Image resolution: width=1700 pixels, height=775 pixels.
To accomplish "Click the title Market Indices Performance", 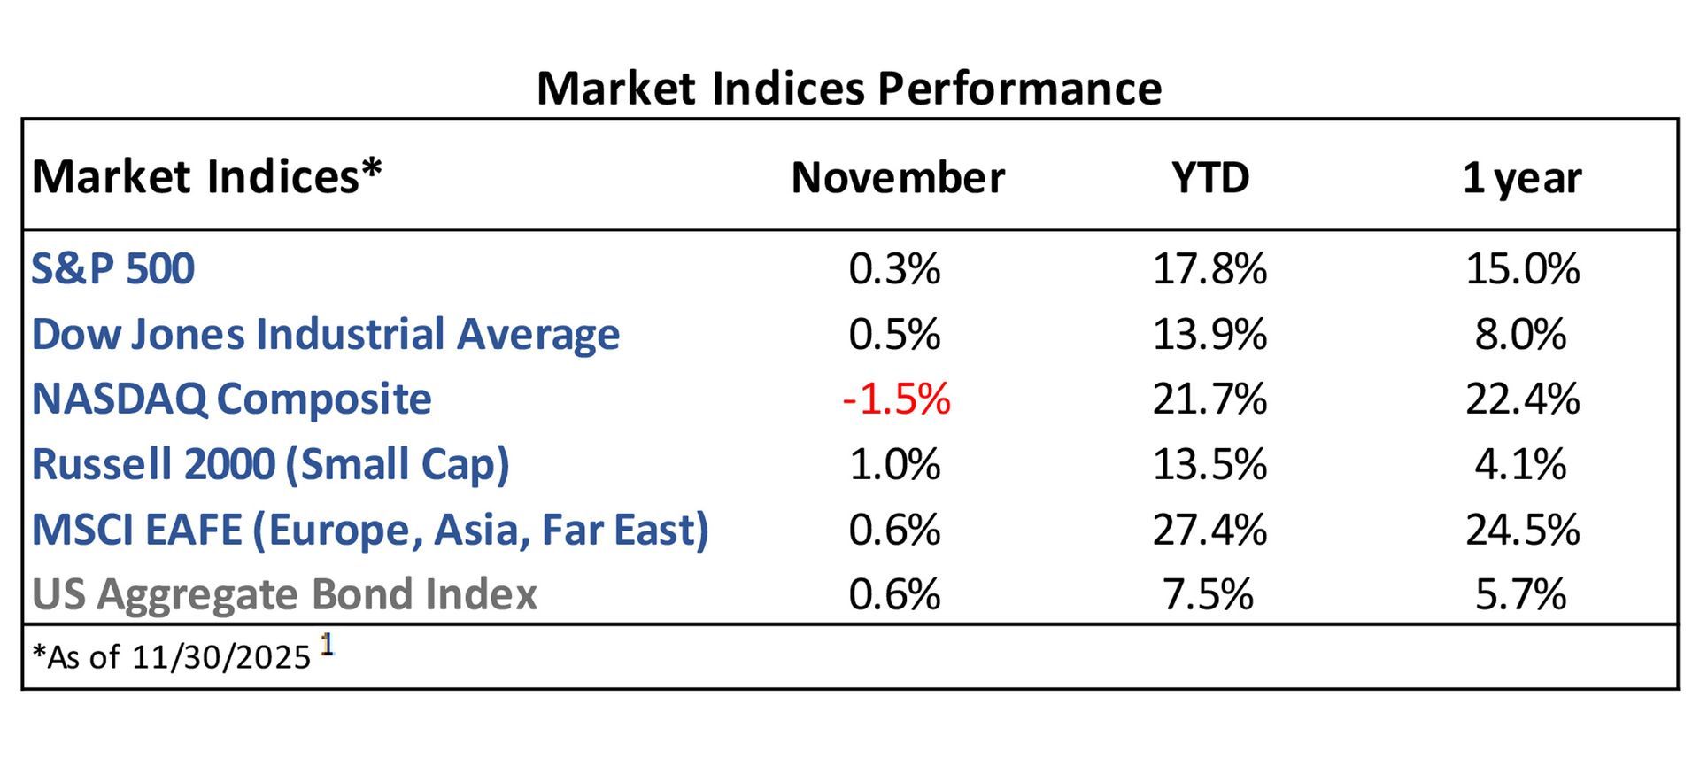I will [849, 89].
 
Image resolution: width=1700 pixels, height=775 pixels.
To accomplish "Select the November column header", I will [897, 177].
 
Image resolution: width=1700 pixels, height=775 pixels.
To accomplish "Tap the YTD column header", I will [1209, 177].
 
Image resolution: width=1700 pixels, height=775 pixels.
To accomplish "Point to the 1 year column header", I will [1521, 177].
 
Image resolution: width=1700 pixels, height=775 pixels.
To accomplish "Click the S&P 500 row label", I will [112, 268].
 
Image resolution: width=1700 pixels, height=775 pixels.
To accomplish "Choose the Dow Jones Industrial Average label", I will [325, 335].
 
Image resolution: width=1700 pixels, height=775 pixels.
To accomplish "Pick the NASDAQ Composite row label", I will [231, 399].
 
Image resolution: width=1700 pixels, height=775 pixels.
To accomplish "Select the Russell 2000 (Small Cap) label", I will [270, 464].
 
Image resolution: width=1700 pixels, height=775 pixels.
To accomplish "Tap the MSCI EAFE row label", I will [370, 530].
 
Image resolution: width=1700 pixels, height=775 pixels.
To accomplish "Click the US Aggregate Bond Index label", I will [284, 594].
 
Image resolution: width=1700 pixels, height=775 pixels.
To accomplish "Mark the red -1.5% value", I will [896, 399].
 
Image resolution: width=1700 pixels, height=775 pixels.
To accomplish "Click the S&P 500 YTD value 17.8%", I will [1209, 268].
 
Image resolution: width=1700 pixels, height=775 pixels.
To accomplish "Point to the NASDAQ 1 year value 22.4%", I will [1522, 399].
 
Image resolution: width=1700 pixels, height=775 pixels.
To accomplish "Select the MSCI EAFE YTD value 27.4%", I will [1209, 530].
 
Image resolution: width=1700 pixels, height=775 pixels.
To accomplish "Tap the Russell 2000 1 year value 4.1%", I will [1520, 464].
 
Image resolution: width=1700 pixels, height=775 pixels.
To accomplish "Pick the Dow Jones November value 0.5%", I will [894, 335].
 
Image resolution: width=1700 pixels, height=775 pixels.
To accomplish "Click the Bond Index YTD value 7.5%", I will [1208, 594].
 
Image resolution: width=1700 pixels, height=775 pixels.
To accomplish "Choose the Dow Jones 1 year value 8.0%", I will [1520, 335].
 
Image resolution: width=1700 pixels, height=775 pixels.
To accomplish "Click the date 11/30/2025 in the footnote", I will [221, 657].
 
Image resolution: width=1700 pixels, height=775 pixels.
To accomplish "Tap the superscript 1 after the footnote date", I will [327, 646].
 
